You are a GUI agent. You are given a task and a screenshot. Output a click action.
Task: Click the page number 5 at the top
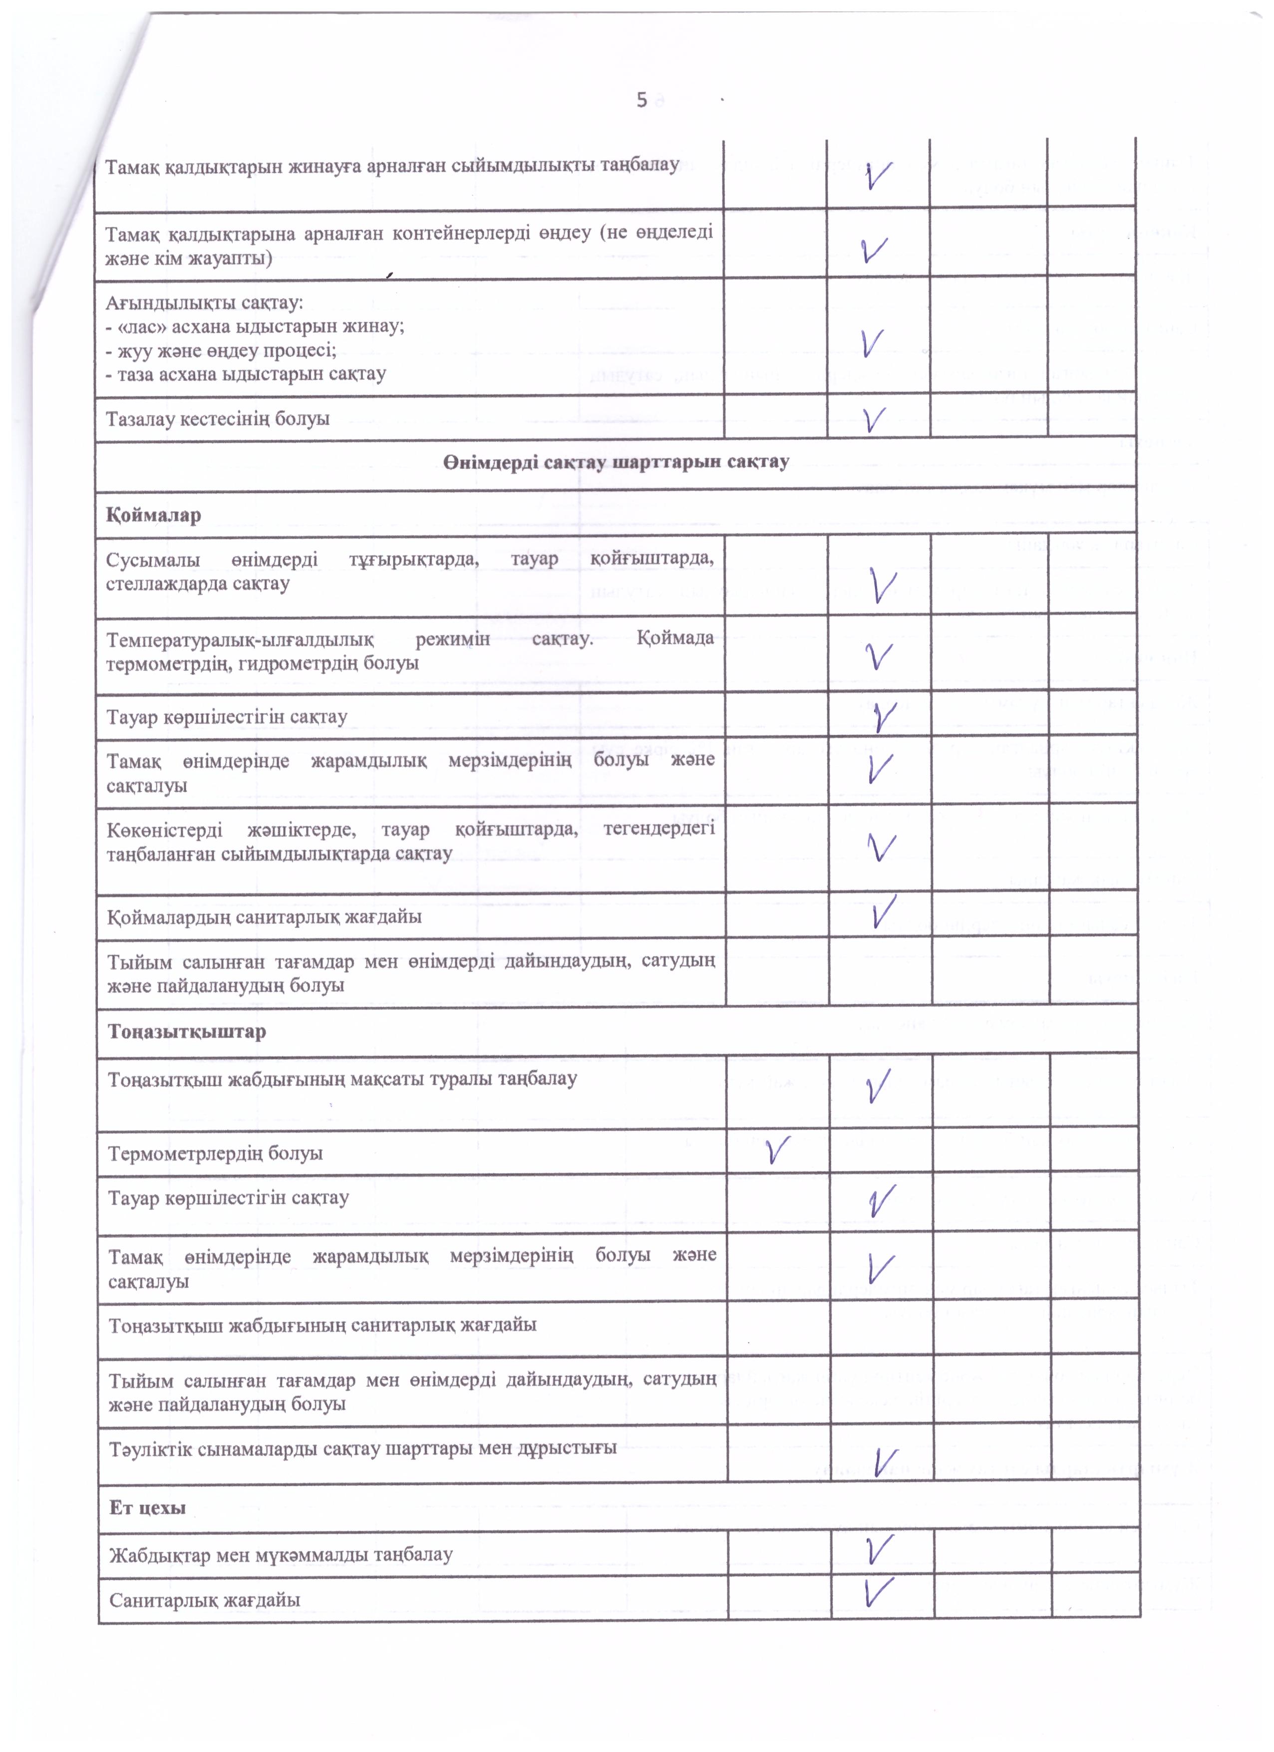(x=641, y=100)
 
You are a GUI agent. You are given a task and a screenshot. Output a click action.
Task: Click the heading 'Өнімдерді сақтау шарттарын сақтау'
(x=616, y=462)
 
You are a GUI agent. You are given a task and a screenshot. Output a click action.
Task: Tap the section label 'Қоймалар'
(x=154, y=515)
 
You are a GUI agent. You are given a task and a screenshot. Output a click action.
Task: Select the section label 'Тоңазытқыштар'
(x=187, y=1031)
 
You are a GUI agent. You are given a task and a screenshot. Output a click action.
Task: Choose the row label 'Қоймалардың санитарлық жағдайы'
(x=264, y=917)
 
